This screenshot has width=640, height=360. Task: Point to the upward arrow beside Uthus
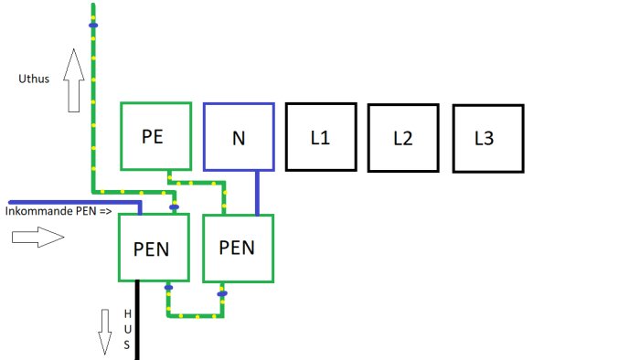(74, 80)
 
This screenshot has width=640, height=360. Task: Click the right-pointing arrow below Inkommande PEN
(38, 237)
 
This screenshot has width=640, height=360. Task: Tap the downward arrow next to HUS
(105, 332)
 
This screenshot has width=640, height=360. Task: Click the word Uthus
(34, 79)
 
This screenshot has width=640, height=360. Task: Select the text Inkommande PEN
(51, 211)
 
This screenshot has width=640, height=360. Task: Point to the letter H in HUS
(128, 313)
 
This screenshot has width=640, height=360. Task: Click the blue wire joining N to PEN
(257, 193)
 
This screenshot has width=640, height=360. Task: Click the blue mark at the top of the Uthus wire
(93, 26)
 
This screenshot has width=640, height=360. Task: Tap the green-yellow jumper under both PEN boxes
(196, 315)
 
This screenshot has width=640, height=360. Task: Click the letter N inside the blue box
(239, 139)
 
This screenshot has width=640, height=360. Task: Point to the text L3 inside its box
(484, 139)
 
